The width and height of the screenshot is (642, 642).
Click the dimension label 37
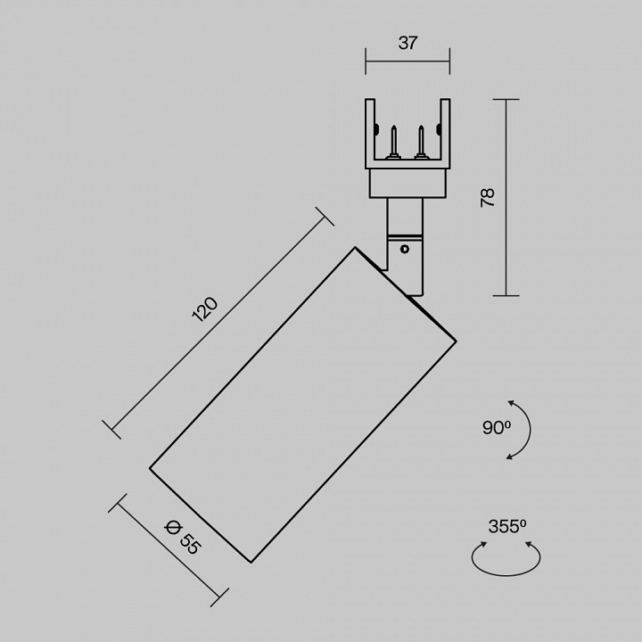(x=407, y=43)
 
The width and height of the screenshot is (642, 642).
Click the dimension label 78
(x=488, y=197)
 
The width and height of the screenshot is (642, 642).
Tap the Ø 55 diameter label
(x=183, y=537)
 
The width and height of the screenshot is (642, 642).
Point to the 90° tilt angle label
(x=497, y=428)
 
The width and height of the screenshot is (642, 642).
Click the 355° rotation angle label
(x=506, y=526)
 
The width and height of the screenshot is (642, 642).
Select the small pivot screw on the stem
(x=405, y=249)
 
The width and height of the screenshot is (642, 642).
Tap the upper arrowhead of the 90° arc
(x=511, y=403)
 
